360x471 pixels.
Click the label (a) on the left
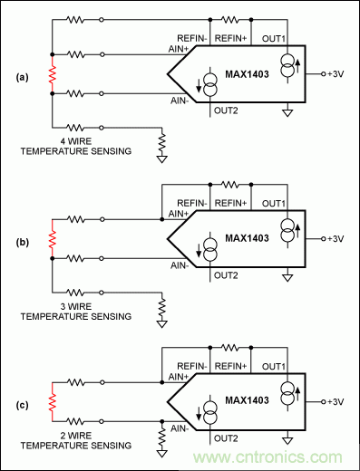pyautogui.click(x=21, y=78)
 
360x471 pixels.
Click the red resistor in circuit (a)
pyautogui.click(x=53, y=79)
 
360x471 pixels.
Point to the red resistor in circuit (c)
pyautogui.click(x=53, y=399)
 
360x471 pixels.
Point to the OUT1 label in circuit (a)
pyautogui.click(x=273, y=39)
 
